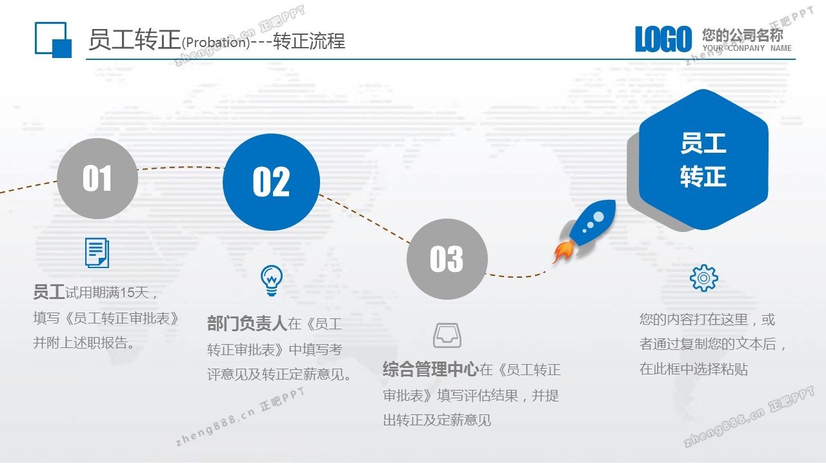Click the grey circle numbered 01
tap(97, 179)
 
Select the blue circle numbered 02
tap(272, 182)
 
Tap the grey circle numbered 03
tap(447, 259)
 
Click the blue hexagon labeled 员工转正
tap(703, 159)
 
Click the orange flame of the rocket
tap(563, 251)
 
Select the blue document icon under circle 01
tap(97, 253)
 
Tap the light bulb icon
tap(272, 280)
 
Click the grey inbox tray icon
tap(447, 336)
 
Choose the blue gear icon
tap(703, 278)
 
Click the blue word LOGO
tap(663, 39)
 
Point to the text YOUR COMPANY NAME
tap(747, 48)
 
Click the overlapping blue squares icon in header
tap(53, 40)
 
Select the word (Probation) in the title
tap(216, 43)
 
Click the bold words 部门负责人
tap(247, 324)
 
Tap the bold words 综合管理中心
tap(431, 369)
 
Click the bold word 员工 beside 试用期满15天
tap(48, 292)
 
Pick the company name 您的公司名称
tap(742, 35)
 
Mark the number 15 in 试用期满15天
tap(127, 293)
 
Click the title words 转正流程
tap(309, 41)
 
